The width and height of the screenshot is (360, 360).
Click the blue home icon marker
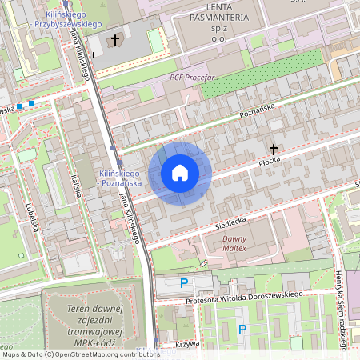[180, 172]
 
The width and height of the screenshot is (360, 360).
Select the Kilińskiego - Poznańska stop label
[120, 178]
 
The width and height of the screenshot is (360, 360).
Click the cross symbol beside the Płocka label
[274, 149]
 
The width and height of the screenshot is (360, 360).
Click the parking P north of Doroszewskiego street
[184, 282]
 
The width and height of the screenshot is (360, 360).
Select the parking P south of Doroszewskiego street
[242, 329]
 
